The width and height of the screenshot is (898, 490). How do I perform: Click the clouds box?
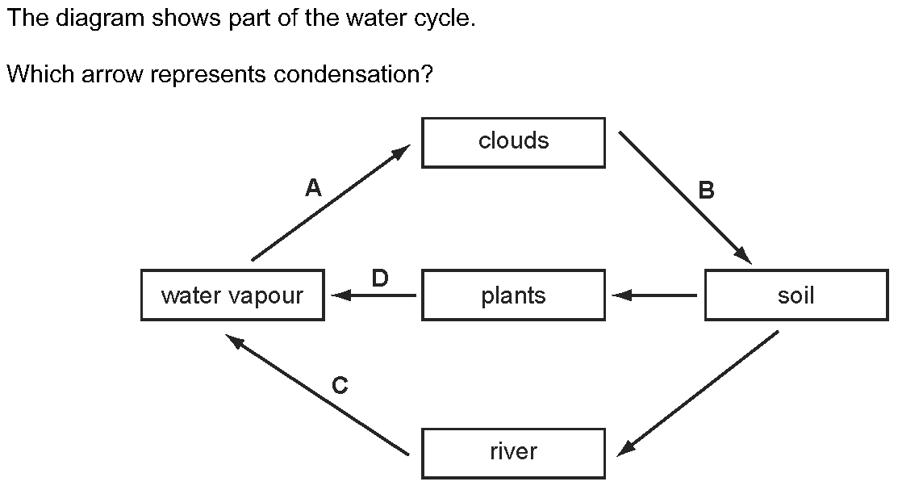point(513,143)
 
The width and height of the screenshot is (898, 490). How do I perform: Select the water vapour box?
point(232,295)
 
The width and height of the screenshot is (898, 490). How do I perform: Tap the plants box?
point(513,295)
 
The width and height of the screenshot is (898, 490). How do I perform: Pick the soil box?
point(796,295)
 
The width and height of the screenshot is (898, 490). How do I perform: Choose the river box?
point(513,454)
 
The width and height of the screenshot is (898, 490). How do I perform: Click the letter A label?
point(313,187)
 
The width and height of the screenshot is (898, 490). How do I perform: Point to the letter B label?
point(707,190)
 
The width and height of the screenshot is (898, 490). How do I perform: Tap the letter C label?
point(340,385)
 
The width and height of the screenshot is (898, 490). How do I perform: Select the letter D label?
point(380,278)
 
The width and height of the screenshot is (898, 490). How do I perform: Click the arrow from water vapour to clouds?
point(331,203)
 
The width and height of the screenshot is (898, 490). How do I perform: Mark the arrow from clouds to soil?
point(686,198)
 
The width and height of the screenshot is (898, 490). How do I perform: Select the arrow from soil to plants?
point(654,295)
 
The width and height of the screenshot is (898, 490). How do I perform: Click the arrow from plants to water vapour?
point(374,295)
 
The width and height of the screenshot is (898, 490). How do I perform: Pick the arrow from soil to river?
point(698,394)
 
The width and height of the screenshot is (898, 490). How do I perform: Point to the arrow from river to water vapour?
point(317,395)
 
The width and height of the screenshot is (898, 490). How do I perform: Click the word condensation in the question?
point(353,74)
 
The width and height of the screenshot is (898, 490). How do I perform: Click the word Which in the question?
point(40,74)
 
